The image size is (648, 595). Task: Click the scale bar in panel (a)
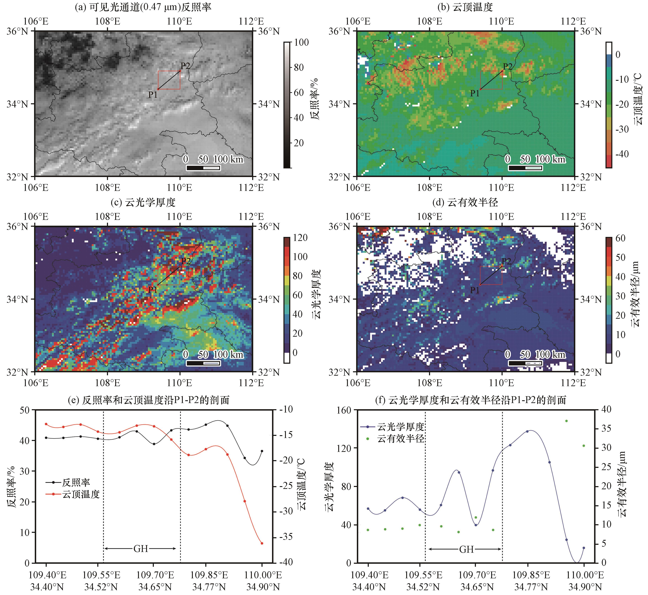point(203,168)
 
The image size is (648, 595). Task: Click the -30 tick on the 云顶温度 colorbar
point(622,129)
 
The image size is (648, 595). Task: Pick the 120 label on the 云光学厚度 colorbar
point(300,238)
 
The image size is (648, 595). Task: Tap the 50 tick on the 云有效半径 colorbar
point(620,257)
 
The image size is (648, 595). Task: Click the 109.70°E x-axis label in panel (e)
point(155,575)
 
